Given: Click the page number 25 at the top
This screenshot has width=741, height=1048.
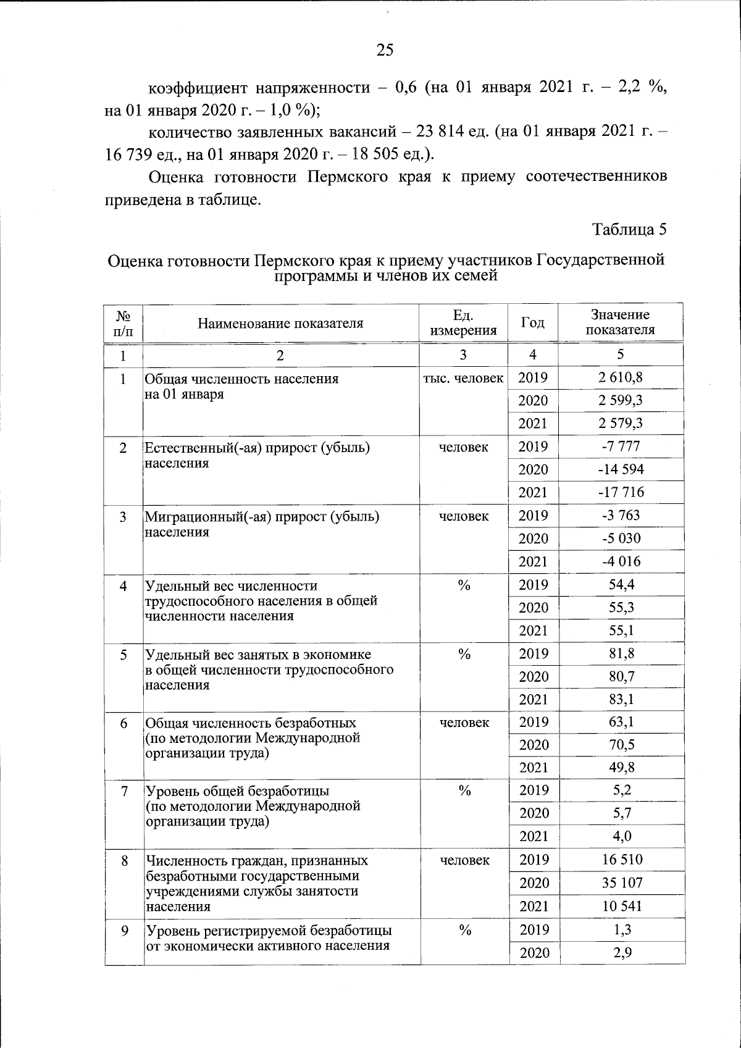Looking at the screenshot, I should (x=384, y=50).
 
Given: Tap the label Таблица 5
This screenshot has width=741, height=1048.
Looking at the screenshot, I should (x=629, y=229).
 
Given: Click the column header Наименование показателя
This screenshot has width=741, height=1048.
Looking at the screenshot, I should (x=280, y=323).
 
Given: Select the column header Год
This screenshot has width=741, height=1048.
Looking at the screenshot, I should (x=532, y=322).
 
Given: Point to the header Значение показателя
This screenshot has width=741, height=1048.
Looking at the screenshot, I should (x=620, y=322).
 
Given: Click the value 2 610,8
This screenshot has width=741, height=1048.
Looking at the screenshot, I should (x=620, y=377).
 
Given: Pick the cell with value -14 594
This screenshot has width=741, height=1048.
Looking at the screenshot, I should (x=621, y=469).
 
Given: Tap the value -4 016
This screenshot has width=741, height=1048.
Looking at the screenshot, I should (x=621, y=561).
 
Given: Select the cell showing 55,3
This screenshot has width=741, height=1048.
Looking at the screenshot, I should (x=621, y=608).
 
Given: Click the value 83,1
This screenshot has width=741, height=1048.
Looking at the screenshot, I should (x=621, y=699).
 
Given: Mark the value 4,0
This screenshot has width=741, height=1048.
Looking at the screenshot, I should (x=622, y=836).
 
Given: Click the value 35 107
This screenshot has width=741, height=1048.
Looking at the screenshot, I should (x=622, y=883).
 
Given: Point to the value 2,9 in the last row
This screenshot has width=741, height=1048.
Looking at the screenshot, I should (x=622, y=952).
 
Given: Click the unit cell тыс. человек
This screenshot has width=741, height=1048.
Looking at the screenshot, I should (x=463, y=378).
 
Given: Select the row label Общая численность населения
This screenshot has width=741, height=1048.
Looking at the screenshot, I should (x=241, y=379).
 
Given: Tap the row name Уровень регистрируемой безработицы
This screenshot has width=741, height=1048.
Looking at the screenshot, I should (x=269, y=930).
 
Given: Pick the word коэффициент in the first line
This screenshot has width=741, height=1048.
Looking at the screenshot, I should (x=198, y=88).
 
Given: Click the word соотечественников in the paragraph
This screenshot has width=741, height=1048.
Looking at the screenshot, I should (x=596, y=177).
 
